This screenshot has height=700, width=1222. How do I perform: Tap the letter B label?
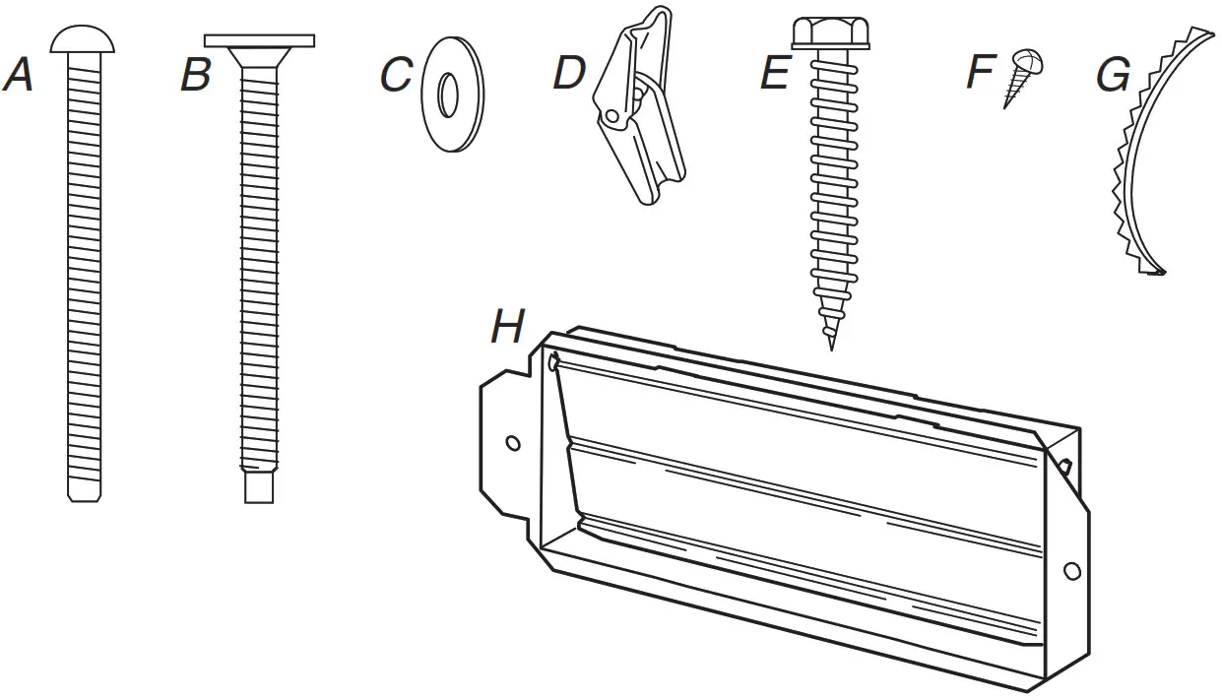pos(195,76)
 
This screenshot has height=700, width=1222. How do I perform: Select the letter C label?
pos(396,76)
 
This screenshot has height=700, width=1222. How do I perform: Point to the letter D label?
pos(568,73)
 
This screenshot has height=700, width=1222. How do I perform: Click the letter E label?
pos(774,74)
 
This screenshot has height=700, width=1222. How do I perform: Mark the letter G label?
pos(1113,75)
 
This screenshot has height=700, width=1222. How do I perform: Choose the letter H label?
pos(507,328)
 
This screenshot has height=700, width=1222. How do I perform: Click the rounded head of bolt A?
pos(83,38)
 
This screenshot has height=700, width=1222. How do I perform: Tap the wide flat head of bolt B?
pos(259,41)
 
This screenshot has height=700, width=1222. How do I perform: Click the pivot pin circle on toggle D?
pos(613,116)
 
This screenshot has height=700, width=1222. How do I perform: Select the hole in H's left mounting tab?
pos(512,443)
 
